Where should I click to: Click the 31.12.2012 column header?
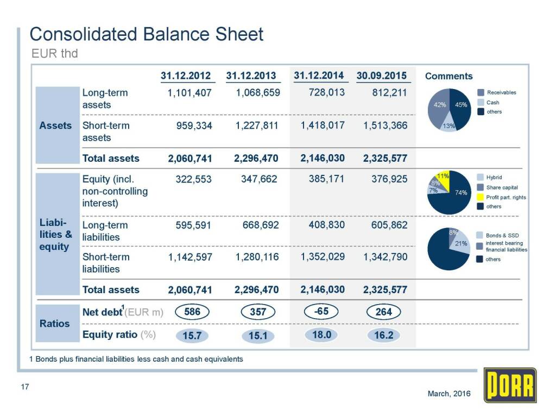[x=186, y=75]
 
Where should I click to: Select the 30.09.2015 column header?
[x=382, y=75]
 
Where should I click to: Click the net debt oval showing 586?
[x=192, y=312]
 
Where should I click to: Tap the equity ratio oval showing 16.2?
[x=383, y=335]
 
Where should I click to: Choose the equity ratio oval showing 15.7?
[x=192, y=336]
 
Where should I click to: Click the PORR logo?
[x=510, y=385]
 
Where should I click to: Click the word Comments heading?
[x=448, y=76]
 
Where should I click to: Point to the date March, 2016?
[x=449, y=393]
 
